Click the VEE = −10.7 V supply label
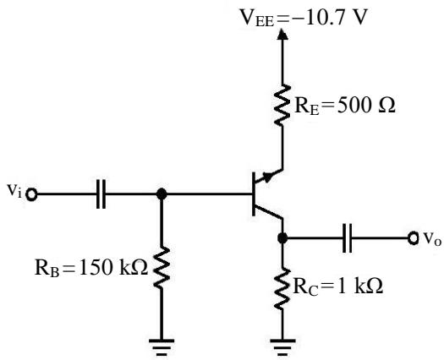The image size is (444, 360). tap(304, 18)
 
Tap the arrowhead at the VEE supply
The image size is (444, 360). tap(282, 34)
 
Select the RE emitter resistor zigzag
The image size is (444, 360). tap(282, 105)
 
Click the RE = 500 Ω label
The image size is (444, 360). tap(345, 106)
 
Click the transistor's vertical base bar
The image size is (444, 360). tap(254, 194)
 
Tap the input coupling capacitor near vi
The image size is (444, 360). tap(101, 194)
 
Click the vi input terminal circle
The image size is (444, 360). tap(31, 194)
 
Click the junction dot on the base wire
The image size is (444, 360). tap(162, 194)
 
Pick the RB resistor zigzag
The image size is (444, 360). tap(162, 268)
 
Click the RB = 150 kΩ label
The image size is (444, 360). tap(91, 268)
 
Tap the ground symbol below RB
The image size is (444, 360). tap(162, 347)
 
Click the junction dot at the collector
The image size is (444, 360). tap(282, 238)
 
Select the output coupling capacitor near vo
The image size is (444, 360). tap(347, 238)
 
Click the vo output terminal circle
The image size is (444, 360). tap(414, 238)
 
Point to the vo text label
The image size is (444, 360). tap(432, 238)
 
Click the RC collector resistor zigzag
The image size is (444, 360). tap(282, 289)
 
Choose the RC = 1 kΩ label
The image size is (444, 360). tap(338, 286)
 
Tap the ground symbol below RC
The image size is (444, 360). tap(282, 347)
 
